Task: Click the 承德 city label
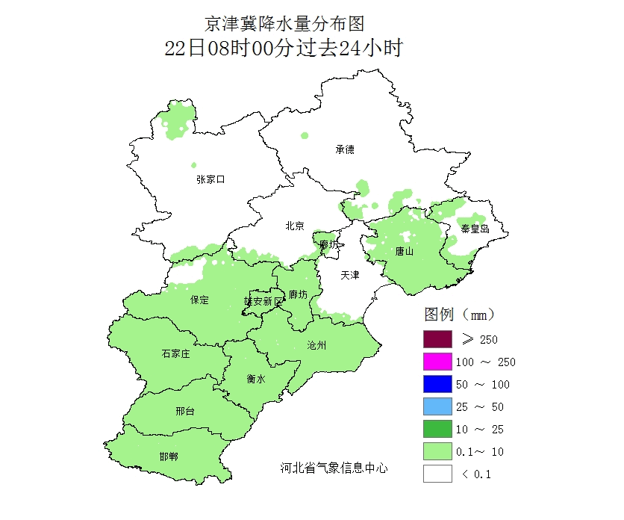coord(344,149)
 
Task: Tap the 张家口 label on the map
coord(210,179)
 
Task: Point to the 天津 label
coord(350,276)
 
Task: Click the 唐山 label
coord(405,252)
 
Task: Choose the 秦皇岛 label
coord(475,229)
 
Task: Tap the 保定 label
coord(200,300)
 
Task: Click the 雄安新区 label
coord(264,301)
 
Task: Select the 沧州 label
coord(316,345)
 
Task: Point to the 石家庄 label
coord(175,353)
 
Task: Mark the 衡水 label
coord(256,379)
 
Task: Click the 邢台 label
coord(185,412)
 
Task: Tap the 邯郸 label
coord(169,456)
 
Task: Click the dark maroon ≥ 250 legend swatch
coord(437,339)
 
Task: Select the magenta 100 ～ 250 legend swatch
coord(437,362)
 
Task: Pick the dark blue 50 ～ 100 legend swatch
coord(437,384)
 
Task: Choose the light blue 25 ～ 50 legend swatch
coord(437,406)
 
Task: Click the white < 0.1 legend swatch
coord(437,474)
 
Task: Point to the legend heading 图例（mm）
coord(460,312)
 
